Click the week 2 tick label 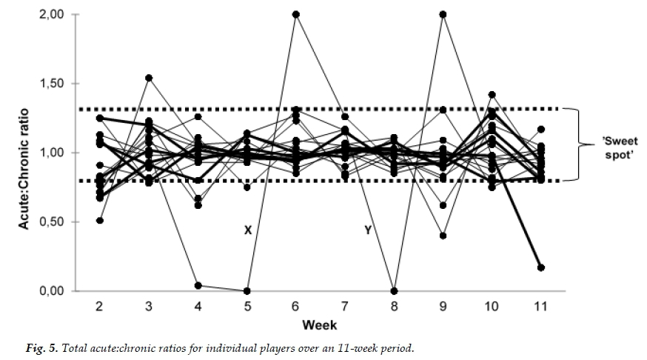pos(99,306)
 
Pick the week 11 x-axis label pos(540,306)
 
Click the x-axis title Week pos(320,324)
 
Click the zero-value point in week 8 pos(394,291)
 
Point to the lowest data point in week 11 pos(540,267)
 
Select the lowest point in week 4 pos(198,285)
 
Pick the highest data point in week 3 pos(149,78)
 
